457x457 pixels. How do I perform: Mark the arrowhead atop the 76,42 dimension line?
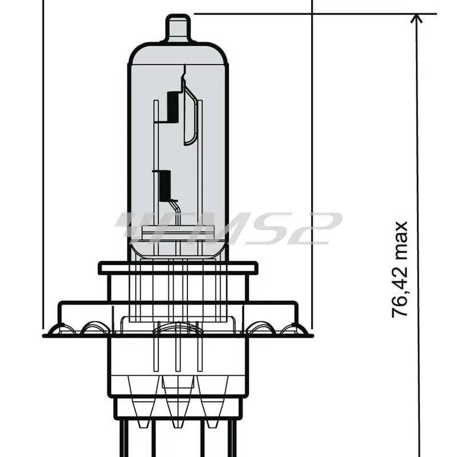pos(417,18)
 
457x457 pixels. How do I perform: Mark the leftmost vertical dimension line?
pos(43,171)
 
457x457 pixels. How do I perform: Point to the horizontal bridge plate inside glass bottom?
pos(177,234)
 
